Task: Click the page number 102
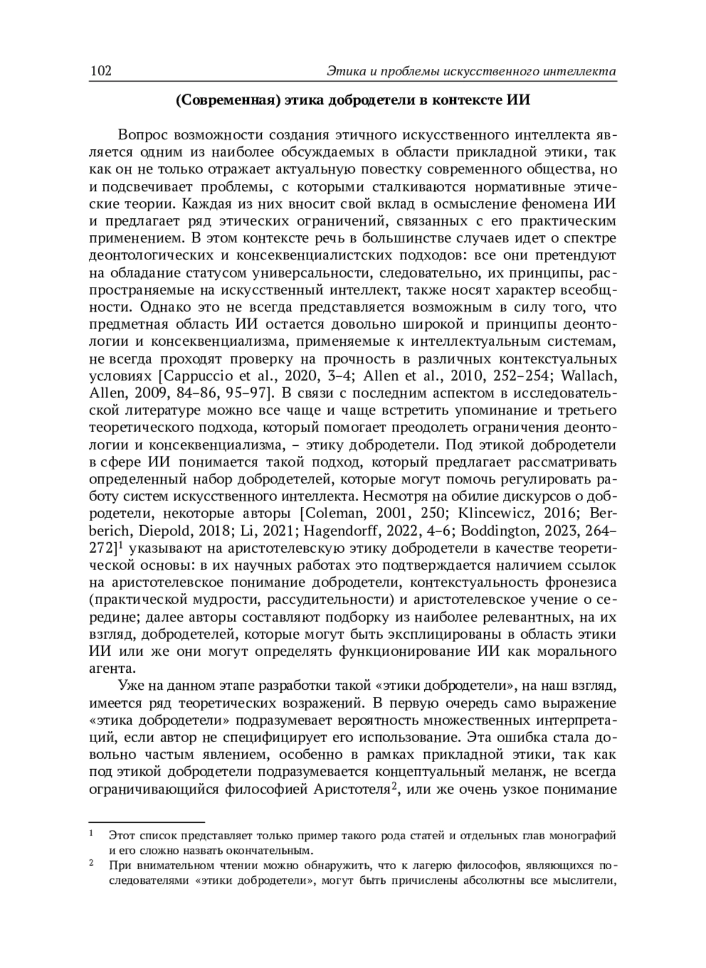pyautogui.click(x=101, y=72)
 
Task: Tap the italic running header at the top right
pyautogui.click(x=471, y=72)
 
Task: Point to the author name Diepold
pyautogui.click(x=164, y=530)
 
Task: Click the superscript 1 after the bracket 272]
pyautogui.click(x=119, y=545)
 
